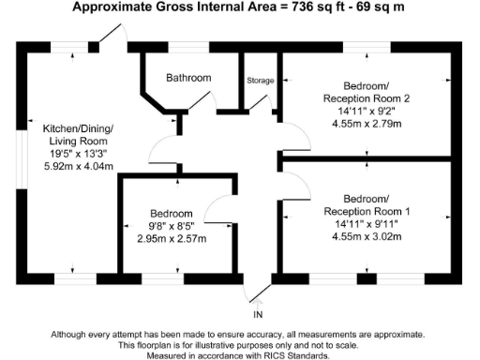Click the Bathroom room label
coord(188,78)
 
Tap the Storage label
coord(260,81)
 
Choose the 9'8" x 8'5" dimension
coord(172,226)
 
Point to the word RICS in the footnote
coord(272,354)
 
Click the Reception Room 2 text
coord(367,97)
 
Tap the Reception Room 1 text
coord(367,211)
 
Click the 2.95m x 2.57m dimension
coord(172,238)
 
